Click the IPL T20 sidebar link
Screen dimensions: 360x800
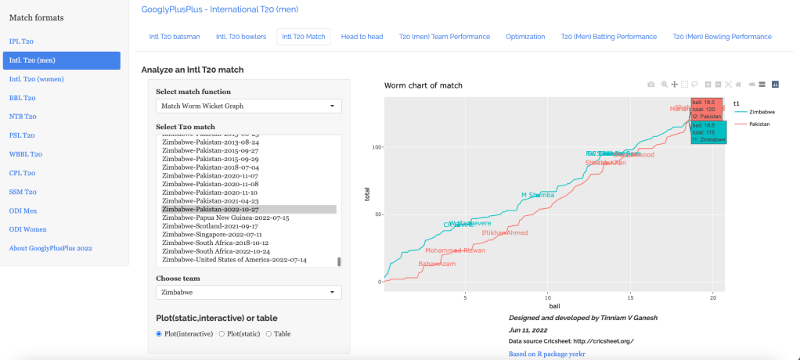coord(21,41)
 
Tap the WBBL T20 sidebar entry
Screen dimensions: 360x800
coord(25,154)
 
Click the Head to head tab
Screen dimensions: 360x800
coord(362,37)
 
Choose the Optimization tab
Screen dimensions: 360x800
coord(525,37)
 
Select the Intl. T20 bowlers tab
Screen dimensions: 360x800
coord(240,37)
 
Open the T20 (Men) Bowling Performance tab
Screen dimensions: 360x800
coord(722,37)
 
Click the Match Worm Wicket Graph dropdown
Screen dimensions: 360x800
coord(248,106)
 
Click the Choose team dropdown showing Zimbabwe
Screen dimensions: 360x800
coord(248,292)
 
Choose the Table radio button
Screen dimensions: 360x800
coord(269,334)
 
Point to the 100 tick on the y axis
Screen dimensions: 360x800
coord(374,147)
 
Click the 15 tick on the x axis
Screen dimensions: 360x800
coord(630,297)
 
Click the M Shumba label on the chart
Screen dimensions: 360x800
coord(538,195)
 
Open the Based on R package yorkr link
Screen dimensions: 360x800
coord(546,354)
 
